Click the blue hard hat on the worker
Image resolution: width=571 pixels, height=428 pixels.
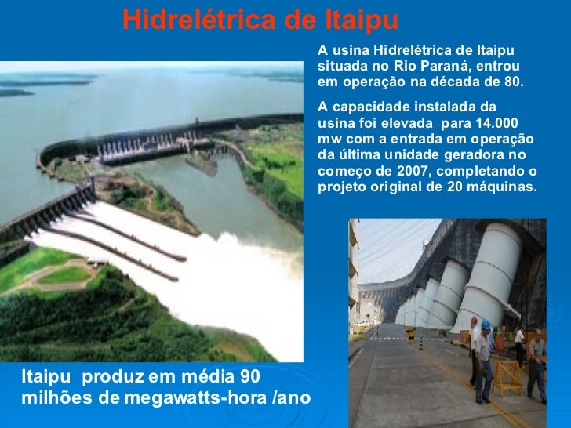point(486,325)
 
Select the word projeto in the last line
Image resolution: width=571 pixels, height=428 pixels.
point(339,187)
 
